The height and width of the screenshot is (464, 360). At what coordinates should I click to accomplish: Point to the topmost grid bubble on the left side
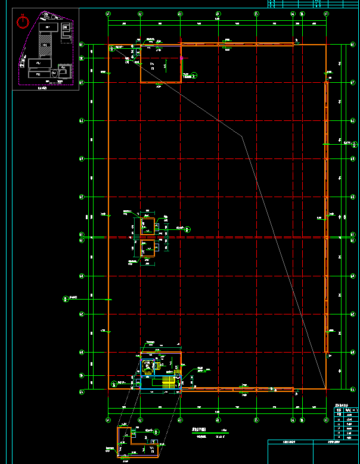point(82,44)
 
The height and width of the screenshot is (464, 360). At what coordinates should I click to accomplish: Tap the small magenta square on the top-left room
point(181,58)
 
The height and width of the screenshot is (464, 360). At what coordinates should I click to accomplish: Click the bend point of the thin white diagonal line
point(242,136)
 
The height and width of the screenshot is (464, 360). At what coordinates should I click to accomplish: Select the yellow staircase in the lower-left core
point(172,382)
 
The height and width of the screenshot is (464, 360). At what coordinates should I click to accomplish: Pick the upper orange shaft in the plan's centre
point(147,226)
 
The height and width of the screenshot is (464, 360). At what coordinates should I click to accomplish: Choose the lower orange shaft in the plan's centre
point(147,248)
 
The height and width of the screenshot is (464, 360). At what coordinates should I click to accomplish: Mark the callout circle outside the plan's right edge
point(355,143)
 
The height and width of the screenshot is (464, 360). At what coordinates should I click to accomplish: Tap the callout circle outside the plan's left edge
point(64,298)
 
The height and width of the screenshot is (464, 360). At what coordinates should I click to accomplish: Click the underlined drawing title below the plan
point(198,429)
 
